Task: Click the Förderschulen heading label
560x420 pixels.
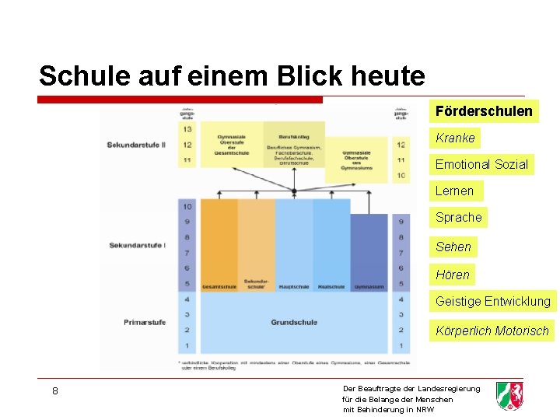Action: (484, 111)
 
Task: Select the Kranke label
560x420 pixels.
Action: (455, 138)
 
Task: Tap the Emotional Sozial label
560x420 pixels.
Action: (481, 164)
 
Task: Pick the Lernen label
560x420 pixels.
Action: (454, 191)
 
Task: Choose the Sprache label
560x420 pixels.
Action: (458, 217)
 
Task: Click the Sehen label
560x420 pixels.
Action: (453, 247)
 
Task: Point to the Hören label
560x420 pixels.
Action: (453, 274)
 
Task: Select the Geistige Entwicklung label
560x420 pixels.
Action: (492, 301)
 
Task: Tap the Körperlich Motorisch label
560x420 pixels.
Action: (492, 331)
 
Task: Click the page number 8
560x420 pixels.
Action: (55, 390)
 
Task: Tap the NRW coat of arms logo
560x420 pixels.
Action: (509, 396)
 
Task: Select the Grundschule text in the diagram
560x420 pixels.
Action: (293, 322)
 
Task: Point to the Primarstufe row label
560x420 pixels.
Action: (145, 322)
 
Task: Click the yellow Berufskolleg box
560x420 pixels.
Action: (294, 144)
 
